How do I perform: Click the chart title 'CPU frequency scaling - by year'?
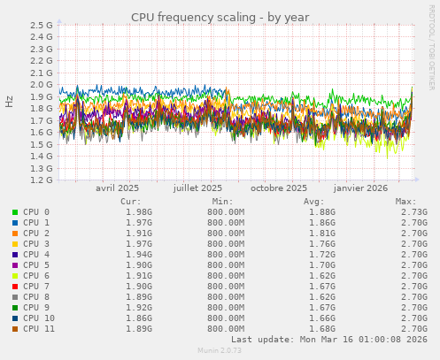220,17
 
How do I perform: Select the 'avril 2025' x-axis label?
117,188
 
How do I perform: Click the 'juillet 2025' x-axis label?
197,188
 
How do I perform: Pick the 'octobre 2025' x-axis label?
279,188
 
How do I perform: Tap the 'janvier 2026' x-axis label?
360,188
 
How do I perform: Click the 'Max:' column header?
406,201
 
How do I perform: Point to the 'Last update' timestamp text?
329,339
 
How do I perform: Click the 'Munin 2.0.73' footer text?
220,351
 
